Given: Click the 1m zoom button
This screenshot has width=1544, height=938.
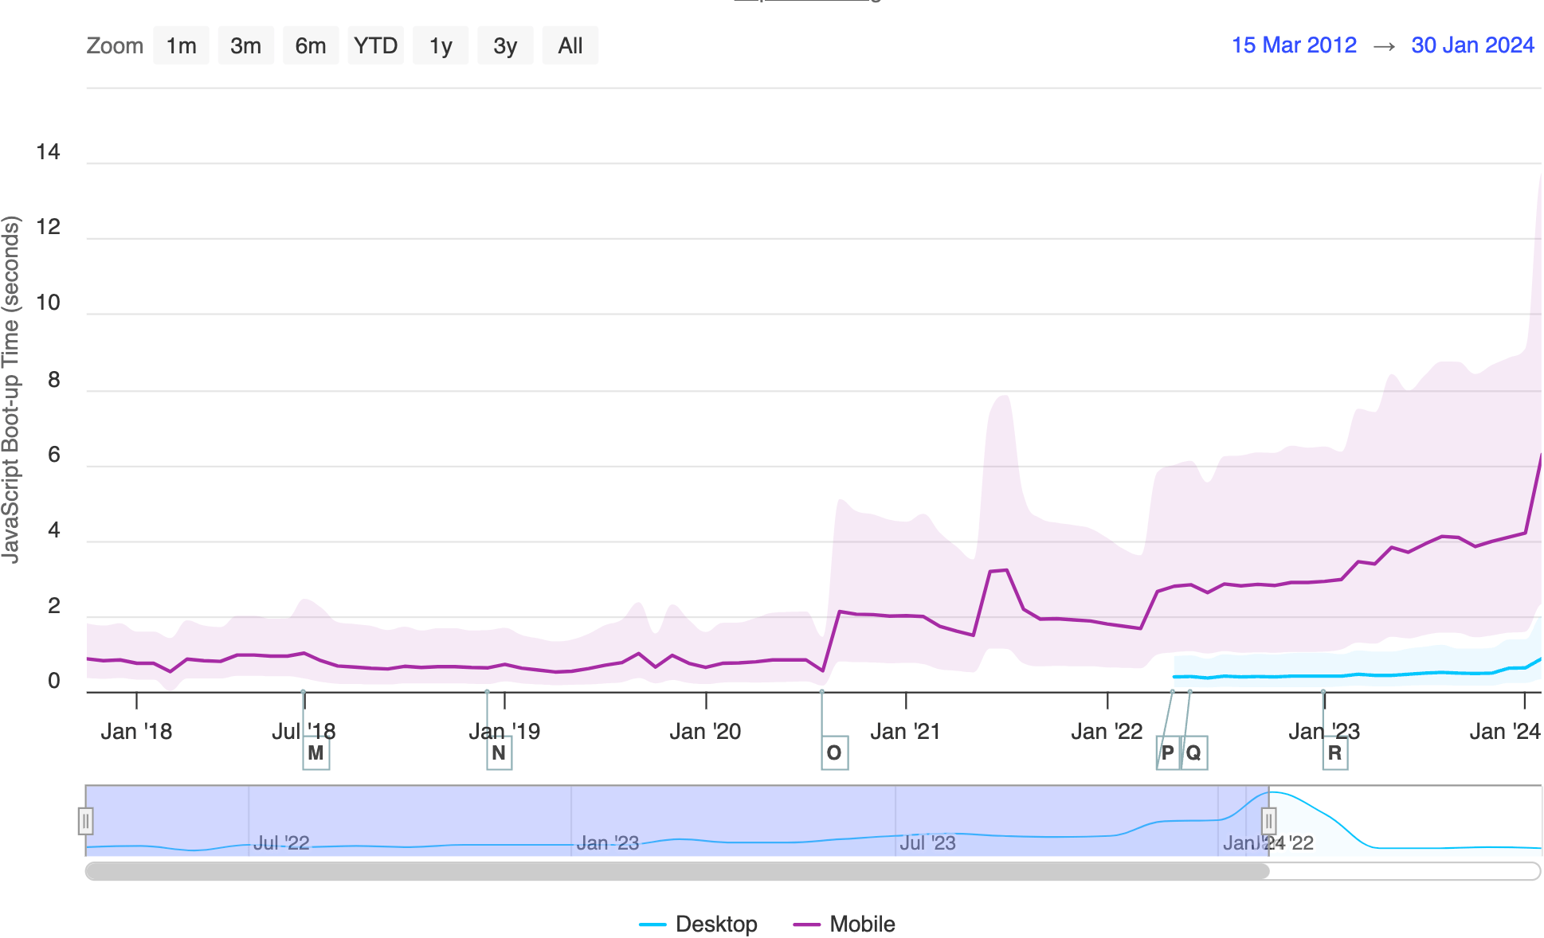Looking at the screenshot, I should (x=181, y=45).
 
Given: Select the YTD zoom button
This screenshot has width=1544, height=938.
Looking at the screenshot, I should (x=375, y=45).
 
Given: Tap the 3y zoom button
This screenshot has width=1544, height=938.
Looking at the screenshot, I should (x=505, y=45).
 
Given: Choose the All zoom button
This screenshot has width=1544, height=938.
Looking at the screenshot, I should (x=570, y=45).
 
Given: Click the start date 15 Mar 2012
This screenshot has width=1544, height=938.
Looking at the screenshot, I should (x=1294, y=45).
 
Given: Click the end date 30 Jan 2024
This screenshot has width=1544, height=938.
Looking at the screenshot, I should (x=1472, y=45).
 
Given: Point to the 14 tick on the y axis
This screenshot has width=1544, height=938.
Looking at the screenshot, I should (x=48, y=151).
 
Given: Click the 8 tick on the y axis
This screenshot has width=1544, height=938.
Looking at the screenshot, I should (x=53, y=379).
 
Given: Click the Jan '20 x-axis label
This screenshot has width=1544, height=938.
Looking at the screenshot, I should (x=705, y=731).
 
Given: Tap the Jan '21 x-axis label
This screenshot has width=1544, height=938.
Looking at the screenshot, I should (x=905, y=731).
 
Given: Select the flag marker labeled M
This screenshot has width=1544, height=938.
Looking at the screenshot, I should (x=315, y=752).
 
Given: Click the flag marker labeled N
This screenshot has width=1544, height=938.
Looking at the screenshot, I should (x=499, y=752).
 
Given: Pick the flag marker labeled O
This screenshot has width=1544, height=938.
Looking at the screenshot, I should (x=834, y=752).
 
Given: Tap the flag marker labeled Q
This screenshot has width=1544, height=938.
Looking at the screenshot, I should (x=1193, y=752).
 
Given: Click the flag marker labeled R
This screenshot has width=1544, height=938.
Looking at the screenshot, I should (x=1335, y=752).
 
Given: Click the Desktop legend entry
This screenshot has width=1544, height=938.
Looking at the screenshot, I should (x=699, y=924).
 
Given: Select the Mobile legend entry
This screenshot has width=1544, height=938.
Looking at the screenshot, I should (x=845, y=924).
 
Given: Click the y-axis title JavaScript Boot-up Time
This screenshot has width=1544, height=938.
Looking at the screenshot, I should (x=10, y=390).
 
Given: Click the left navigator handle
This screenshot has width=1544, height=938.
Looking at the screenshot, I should (x=85, y=820).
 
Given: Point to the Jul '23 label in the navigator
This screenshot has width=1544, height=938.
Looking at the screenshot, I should (x=927, y=842).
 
